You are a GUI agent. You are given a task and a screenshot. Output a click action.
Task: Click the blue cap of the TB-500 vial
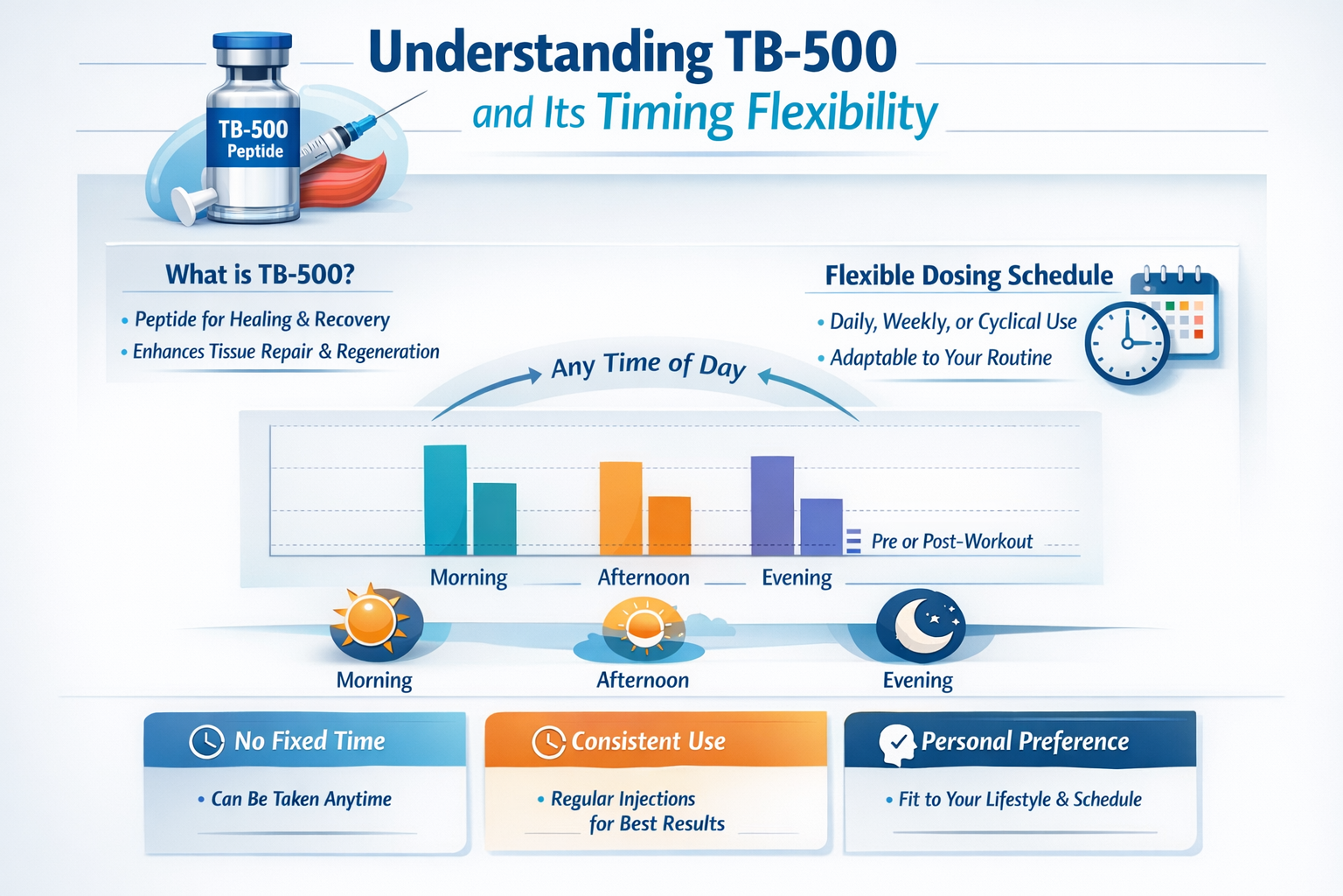[x=253, y=42]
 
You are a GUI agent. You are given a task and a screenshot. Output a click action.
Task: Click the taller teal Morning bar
[x=445, y=500]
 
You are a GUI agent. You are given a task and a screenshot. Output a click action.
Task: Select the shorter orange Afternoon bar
[x=669, y=525]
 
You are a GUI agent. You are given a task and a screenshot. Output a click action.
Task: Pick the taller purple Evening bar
[x=772, y=505]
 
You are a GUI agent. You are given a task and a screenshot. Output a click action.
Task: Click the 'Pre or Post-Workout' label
[x=951, y=542]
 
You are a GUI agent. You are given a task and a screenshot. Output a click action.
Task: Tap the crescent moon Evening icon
[x=920, y=625]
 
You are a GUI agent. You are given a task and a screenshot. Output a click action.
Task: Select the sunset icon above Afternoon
[x=644, y=627]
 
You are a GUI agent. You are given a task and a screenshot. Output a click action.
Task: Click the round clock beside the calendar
[x=1126, y=343]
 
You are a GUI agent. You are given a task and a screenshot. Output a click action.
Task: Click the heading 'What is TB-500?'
[x=260, y=275]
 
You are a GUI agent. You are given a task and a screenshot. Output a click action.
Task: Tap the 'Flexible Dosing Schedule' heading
[x=969, y=276]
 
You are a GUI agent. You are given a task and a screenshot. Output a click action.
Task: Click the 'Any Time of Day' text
[x=648, y=366]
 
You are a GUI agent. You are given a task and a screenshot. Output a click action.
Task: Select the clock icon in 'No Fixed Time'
[x=206, y=742]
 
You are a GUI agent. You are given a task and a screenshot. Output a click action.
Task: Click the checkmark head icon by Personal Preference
[x=896, y=744]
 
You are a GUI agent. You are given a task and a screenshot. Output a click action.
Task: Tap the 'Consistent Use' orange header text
[x=648, y=742]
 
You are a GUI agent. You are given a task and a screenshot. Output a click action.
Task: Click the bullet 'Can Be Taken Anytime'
[x=301, y=799]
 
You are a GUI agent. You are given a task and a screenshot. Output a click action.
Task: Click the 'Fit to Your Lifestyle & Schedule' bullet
[x=1019, y=800]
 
